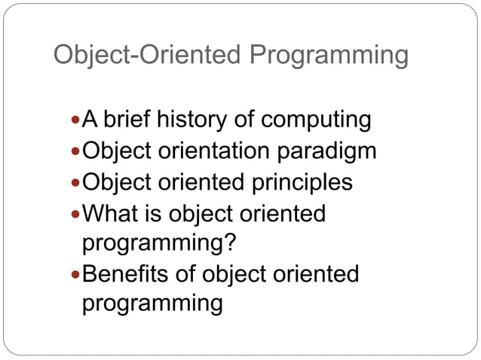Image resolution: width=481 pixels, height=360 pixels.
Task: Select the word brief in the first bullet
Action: pos(128,119)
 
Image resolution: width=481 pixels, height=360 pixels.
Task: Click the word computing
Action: pos(316,121)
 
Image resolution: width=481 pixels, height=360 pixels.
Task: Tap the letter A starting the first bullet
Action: pos(90,119)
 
